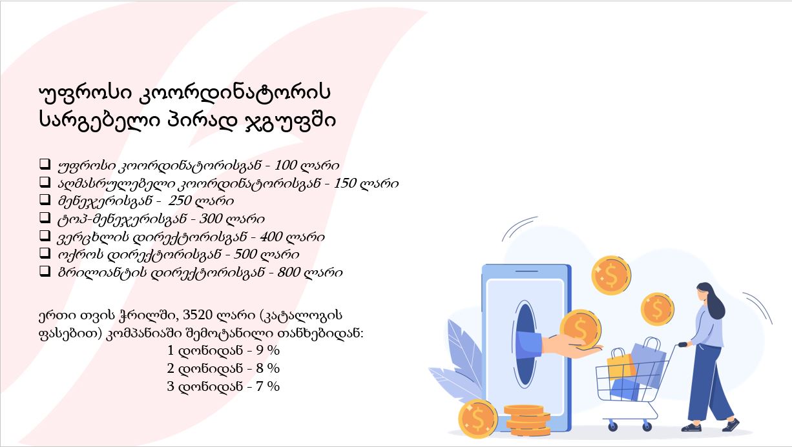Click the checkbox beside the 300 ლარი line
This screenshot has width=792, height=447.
tap(45, 217)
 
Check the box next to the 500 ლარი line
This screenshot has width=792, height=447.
tap(45, 253)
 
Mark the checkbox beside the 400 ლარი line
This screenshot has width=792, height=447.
tap(45, 235)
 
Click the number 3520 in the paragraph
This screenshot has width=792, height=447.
tap(197, 315)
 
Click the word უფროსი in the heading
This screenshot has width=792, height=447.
tap(85, 93)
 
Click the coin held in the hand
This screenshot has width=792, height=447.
tap(580, 329)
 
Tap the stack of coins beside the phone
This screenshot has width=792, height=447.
tap(526, 420)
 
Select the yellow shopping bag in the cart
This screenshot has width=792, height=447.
tap(621, 364)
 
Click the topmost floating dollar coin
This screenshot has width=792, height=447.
tap(611, 275)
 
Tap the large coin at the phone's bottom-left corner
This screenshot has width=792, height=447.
tap(478, 419)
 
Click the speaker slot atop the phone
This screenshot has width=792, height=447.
tap(526, 271)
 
